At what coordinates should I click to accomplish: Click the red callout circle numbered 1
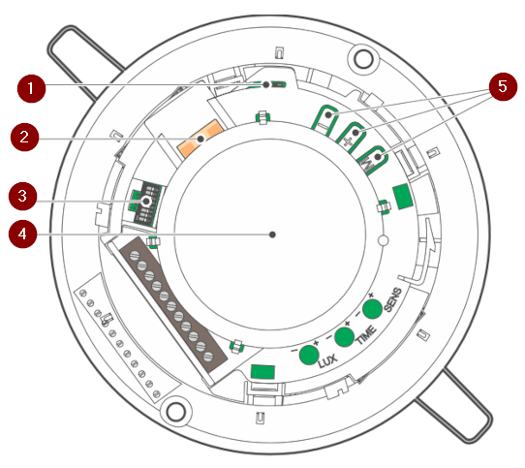(x=31, y=88)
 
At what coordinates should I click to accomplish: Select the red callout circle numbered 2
(x=25, y=137)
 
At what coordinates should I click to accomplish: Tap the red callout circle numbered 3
(x=23, y=197)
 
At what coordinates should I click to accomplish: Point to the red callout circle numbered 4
(x=23, y=234)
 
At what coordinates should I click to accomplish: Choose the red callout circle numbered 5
(x=503, y=86)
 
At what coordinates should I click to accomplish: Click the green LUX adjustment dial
(x=309, y=355)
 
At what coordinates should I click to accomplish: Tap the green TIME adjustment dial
(x=345, y=337)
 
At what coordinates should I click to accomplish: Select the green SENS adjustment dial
(x=372, y=309)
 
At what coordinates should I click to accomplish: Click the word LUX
(x=327, y=361)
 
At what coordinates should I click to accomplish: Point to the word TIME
(x=365, y=335)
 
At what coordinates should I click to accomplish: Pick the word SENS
(x=392, y=299)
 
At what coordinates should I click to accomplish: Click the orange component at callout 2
(x=201, y=138)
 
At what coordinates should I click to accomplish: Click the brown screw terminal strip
(x=173, y=305)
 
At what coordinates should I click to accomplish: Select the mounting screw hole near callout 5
(x=363, y=59)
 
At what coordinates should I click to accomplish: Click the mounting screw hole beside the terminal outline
(x=175, y=412)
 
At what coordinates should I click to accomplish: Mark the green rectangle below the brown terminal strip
(x=262, y=372)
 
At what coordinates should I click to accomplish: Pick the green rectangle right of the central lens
(x=402, y=197)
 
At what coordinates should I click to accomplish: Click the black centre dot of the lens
(x=272, y=234)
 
